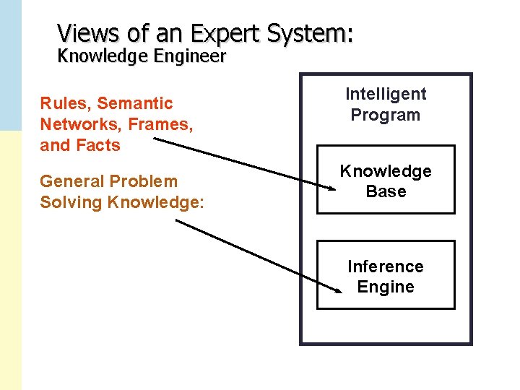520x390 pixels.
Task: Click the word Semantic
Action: [135, 104]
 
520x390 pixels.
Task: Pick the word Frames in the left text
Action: [158, 124]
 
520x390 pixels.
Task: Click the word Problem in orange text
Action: [144, 181]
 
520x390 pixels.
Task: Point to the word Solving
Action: [71, 202]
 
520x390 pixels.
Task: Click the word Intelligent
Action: [386, 94]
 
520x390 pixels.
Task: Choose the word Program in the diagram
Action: [386, 115]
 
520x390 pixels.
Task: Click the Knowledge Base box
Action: [386, 180]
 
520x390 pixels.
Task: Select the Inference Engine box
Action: [386, 275]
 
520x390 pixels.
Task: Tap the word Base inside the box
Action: [386, 192]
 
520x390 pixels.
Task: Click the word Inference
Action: [386, 266]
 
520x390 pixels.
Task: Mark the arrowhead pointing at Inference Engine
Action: [338, 290]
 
